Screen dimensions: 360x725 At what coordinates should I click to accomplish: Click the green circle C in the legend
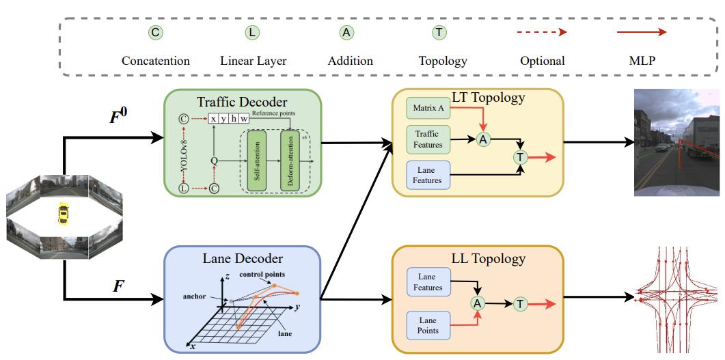155,32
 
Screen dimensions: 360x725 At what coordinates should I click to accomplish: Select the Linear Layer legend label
253,61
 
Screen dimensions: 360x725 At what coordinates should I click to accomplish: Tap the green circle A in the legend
346,32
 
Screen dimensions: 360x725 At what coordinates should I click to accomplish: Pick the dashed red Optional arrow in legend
542,32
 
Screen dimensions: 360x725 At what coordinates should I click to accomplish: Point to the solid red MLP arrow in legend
642,32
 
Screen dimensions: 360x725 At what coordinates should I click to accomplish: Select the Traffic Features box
428,139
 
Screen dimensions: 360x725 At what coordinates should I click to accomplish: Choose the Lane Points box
428,326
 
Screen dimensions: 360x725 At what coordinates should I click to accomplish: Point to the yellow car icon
64,214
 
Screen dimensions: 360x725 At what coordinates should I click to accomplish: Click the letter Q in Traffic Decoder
214,161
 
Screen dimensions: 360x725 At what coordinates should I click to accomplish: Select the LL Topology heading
489,258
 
